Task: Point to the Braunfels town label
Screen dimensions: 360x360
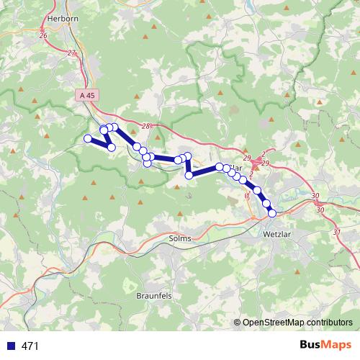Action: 154,296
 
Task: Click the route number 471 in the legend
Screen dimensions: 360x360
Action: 30,346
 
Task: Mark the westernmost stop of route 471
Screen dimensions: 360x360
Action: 88,138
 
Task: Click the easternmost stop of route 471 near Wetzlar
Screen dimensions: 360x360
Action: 272,212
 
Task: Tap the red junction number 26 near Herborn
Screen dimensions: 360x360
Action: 42,35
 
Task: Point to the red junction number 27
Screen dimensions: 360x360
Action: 71,53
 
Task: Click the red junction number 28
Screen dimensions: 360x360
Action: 146,127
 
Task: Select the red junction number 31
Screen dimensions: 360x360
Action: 337,232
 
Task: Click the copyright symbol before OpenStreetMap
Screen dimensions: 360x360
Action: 238,323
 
